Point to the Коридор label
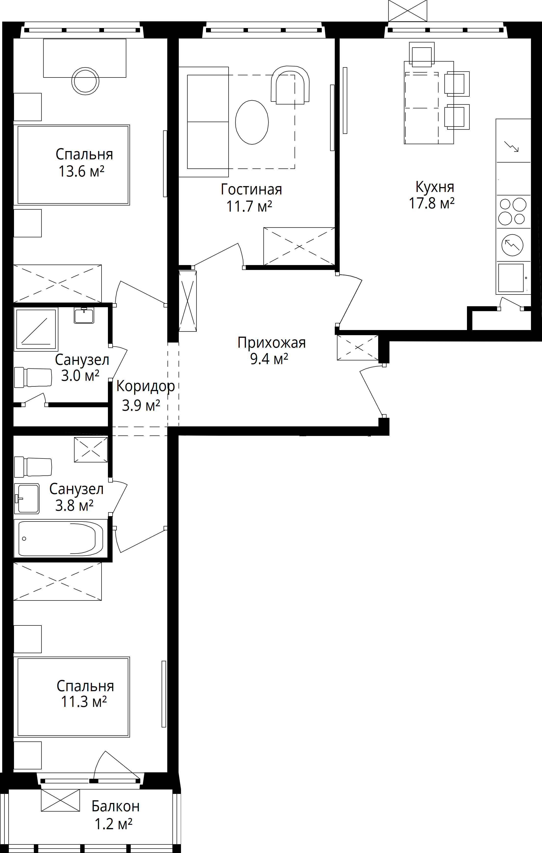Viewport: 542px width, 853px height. [146, 386]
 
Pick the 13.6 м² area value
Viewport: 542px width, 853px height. [81, 171]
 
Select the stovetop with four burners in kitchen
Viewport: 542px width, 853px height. [513, 212]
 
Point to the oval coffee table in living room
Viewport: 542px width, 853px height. [252, 122]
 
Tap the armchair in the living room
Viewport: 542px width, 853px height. [290, 85]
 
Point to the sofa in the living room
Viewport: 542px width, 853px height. [204, 122]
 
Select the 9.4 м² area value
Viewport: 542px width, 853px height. [269, 359]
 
